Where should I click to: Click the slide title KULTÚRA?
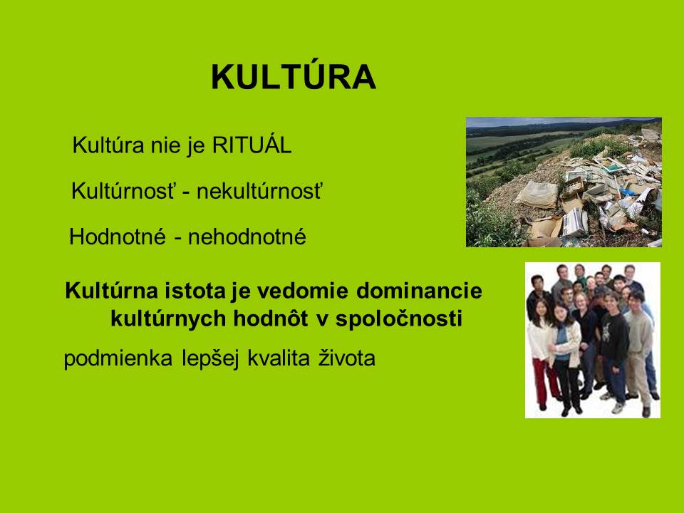pyautogui.click(x=293, y=76)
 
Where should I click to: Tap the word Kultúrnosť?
pyautogui.click(x=123, y=191)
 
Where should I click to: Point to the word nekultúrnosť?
pyautogui.click(x=259, y=191)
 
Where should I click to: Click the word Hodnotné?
pyautogui.click(x=118, y=237)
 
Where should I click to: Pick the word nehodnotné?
pyautogui.click(x=247, y=237)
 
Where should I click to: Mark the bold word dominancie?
pyautogui.click(x=419, y=291)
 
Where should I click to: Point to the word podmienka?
pyautogui.click(x=118, y=358)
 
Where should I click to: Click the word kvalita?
pyautogui.click(x=279, y=358)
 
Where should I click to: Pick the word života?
pyautogui.click(x=347, y=358)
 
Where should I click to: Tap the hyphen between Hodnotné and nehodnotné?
pyautogui.click(x=178, y=239)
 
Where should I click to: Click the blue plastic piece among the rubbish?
pyautogui.click(x=628, y=192)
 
